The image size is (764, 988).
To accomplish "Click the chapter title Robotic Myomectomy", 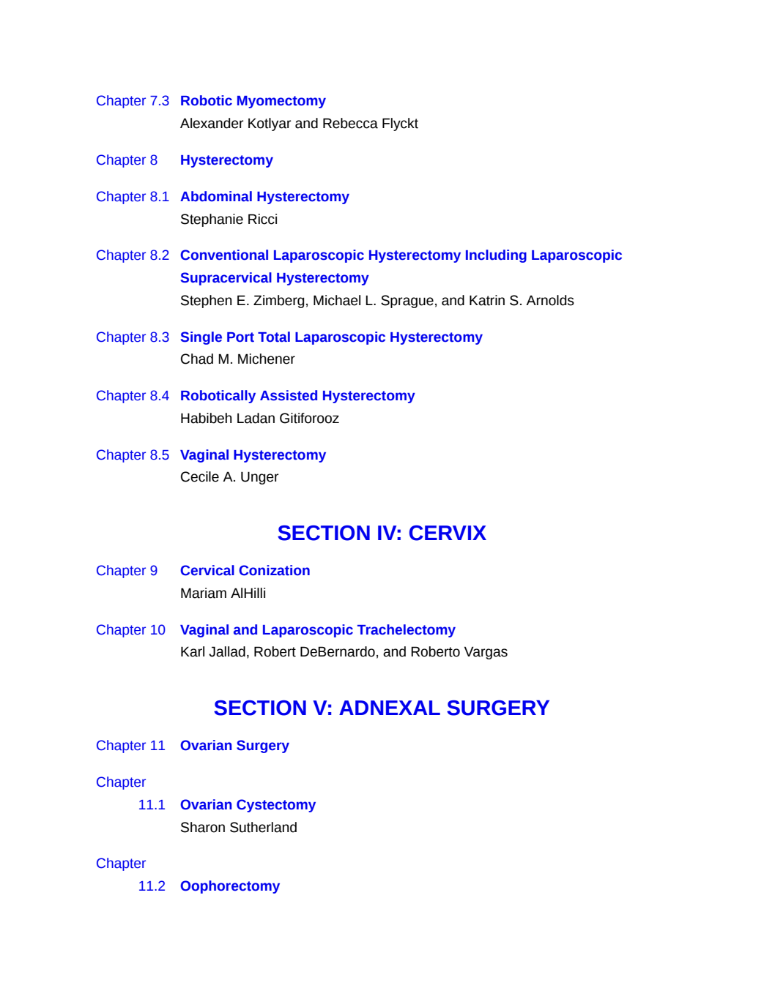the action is click(253, 101).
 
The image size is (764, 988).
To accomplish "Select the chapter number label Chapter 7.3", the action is click(133, 101).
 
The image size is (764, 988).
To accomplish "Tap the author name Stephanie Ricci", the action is click(229, 219).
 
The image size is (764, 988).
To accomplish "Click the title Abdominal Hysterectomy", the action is click(264, 196).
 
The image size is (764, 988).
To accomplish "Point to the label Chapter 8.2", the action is click(133, 255).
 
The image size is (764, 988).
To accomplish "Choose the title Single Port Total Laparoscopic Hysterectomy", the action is click(331, 337).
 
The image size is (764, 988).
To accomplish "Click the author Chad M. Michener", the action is click(237, 359).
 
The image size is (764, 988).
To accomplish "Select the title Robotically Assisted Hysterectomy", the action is click(297, 395).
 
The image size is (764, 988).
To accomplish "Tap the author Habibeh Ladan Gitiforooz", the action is click(259, 419).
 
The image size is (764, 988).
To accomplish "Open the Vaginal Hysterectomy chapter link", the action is click(253, 454).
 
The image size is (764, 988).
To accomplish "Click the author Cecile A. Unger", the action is click(229, 477).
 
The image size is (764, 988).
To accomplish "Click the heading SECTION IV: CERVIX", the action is click(382, 534).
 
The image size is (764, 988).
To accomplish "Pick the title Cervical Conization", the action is click(245, 571).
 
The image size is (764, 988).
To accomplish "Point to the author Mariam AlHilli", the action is click(223, 594).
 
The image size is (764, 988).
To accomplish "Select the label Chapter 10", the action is click(130, 629).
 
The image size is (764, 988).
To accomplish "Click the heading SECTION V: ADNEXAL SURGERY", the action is click(382, 708).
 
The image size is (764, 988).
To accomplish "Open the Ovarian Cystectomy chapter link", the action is click(248, 805).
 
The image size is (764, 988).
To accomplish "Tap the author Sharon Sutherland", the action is click(239, 828).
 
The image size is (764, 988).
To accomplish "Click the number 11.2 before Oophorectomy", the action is click(152, 886).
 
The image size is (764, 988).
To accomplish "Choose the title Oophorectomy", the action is click(230, 886).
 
